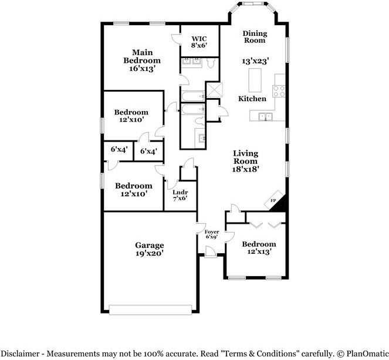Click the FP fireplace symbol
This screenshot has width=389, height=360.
pyautogui.click(x=275, y=200)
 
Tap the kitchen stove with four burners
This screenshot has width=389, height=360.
pyautogui.click(x=279, y=91)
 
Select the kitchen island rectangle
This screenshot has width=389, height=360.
pyautogui.click(x=255, y=80)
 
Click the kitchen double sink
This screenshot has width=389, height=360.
pyautogui.click(x=265, y=117)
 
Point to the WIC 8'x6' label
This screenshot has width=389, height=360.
pyautogui.click(x=199, y=42)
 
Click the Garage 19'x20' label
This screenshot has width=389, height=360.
pyautogui.click(x=150, y=249)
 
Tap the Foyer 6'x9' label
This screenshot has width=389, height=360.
pyautogui.click(x=212, y=234)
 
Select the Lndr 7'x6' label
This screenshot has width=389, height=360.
pyautogui.click(x=180, y=195)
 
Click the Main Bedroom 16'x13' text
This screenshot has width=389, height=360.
pyautogui.click(x=142, y=60)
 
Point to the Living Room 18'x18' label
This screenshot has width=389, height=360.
pyautogui.click(x=246, y=161)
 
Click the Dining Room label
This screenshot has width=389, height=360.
pyautogui.click(x=255, y=37)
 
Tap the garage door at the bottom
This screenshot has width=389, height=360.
pyautogui.click(x=150, y=309)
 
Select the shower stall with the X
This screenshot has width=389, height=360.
pyautogui.click(x=215, y=90)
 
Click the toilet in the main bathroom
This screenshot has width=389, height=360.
pyautogui.click(x=211, y=63)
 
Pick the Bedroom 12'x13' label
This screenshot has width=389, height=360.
pyautogui.click(x=259, y=247)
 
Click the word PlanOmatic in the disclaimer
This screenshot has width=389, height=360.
pyautogui.click(x=367, y=354)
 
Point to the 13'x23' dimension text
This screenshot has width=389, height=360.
pyautogui.click(x=256, y=61)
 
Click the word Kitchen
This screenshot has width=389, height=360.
pyautogui.click(x=252, y=99)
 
